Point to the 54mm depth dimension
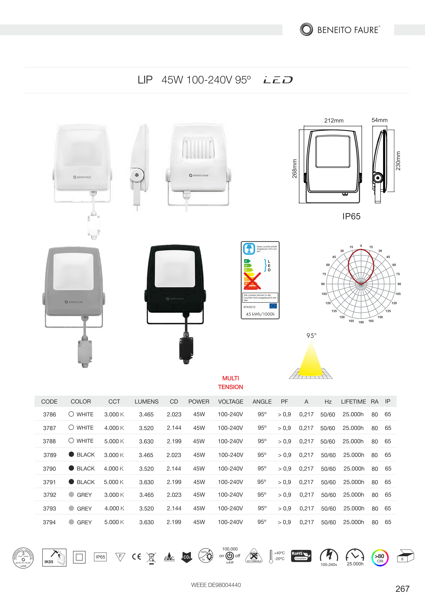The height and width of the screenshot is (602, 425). [x=379, y=120]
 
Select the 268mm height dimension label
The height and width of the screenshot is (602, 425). [x=295, y=169]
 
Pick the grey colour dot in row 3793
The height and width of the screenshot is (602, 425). [x=71, y=508]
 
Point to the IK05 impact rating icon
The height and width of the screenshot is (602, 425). [x=54, y=557]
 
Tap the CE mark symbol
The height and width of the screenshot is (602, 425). [x=137, y=557]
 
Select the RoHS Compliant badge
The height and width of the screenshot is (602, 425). [x=301, y=556]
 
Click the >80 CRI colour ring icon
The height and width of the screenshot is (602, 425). [x=380, y=558]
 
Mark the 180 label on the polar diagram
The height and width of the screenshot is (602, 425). [x=361, y=322]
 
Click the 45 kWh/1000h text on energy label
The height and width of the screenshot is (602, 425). [x=260, y=314]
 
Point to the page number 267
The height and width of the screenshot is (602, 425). [x=402, y=589]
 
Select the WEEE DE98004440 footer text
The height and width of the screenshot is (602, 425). [x=216, y=585]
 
